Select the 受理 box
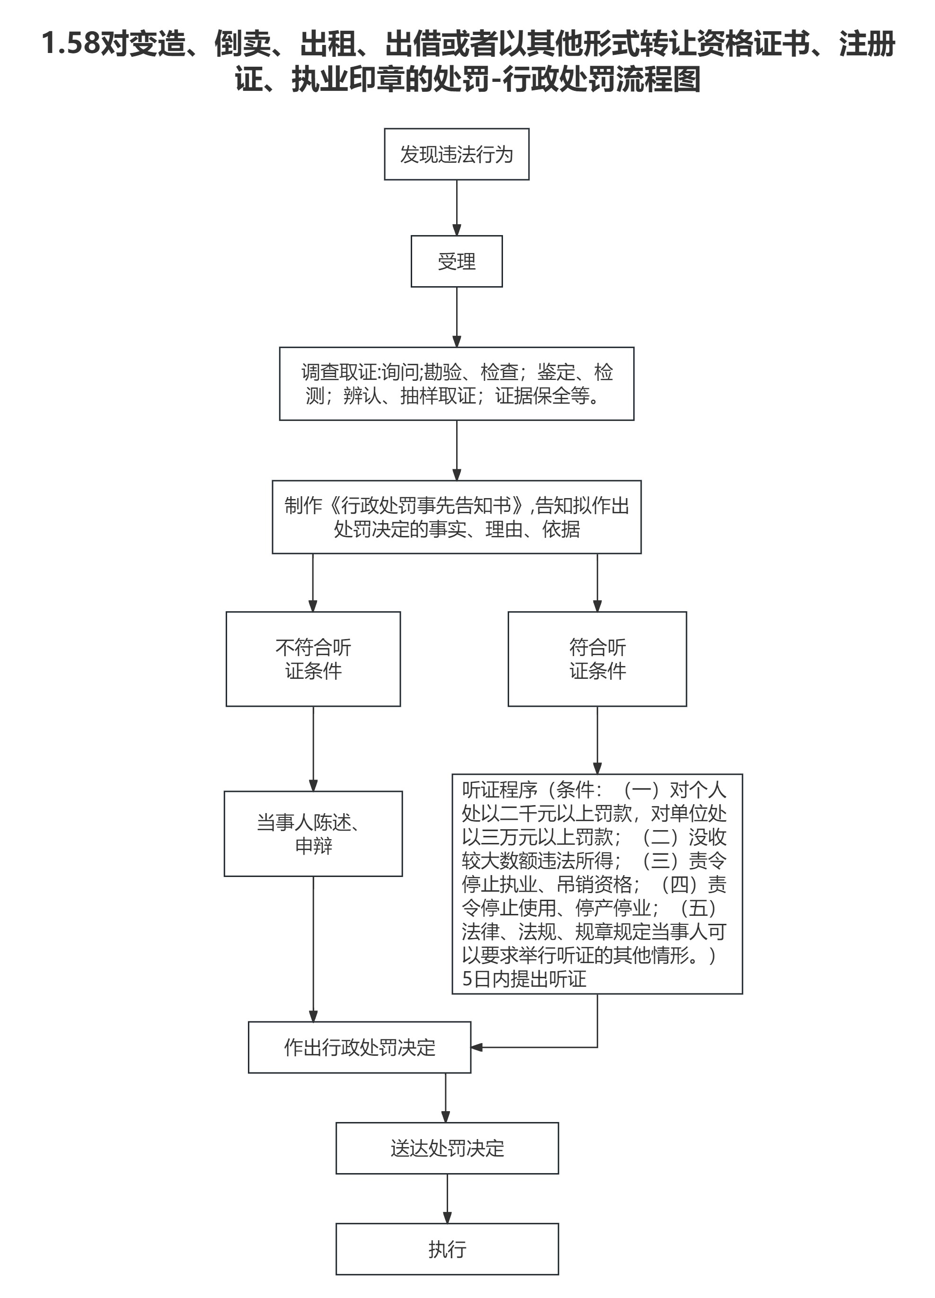(456, 262)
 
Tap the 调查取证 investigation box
(456, 384)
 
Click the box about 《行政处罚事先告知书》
(456, 517)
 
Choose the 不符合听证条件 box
(313, 659)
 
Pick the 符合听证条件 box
(597, 659)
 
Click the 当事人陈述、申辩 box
(313, 834)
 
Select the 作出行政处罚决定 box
(360, 1047)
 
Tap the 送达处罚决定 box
(447, 1148)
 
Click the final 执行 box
(447, 1249)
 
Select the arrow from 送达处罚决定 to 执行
(447, 1198)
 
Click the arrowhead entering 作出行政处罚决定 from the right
(477, 1047)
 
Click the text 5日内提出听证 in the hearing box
(524, 979)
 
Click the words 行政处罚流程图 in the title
(602, 79)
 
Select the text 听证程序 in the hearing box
(500, 790)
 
